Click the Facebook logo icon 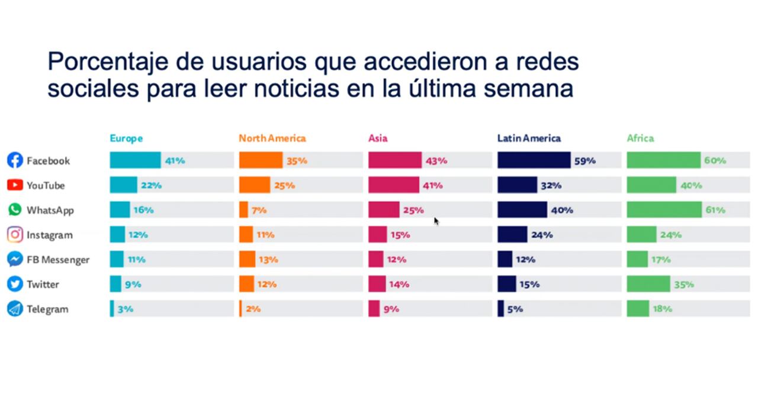click(15, 160)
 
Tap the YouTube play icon click(15, 185)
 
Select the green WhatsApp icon click(15, 210)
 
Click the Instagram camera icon click(15, 235)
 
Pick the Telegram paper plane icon click(15, 309)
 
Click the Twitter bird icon click(15, 284)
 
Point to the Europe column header click(126, 138)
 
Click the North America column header click(272, 138)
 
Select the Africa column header click(640, 138)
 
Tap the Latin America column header click(529, 138)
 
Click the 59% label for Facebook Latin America click(584, 161)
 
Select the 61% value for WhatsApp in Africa click(715, 210)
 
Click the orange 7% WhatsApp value click(259, 210)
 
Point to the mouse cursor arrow click(436, 221)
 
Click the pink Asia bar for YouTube click(393, 185)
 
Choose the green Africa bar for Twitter click(648, 284)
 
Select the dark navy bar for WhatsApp click(522, 210)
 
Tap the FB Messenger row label click(57, 260)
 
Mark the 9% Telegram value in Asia click(391, 309)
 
